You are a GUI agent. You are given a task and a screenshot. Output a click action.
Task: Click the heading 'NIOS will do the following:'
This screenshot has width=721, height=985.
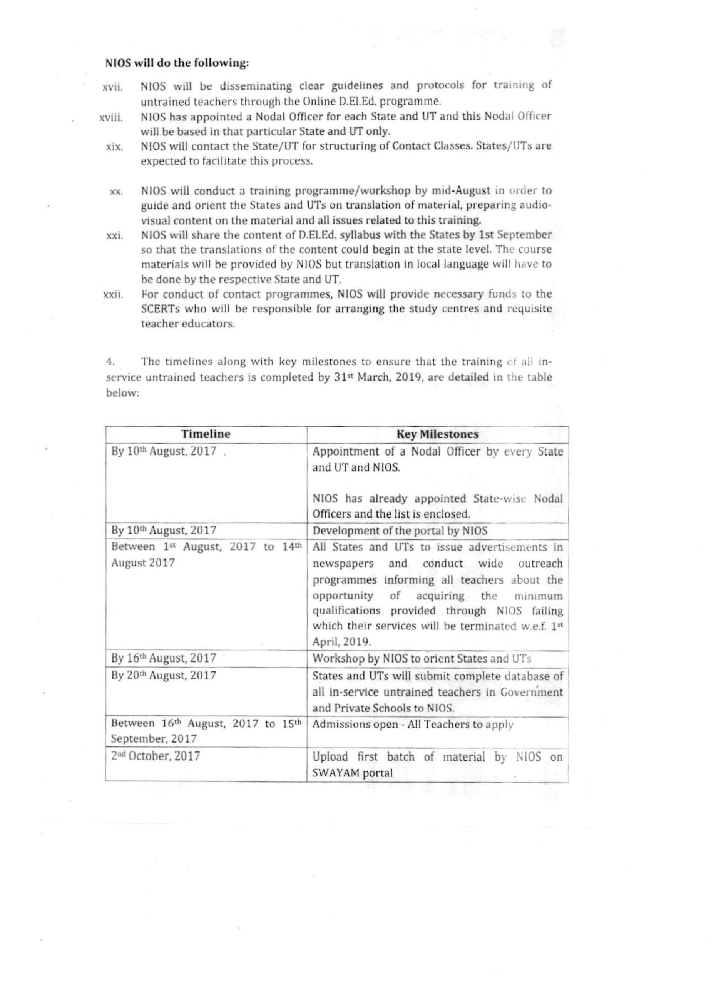[x=177, y=63]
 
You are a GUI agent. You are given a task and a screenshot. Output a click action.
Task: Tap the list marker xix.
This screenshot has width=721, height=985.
[x=114, y=147]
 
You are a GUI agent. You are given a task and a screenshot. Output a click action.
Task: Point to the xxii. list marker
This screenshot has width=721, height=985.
[x=113, y=295]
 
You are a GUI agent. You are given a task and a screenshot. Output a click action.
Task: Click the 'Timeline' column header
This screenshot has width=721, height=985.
[x=206, y=434]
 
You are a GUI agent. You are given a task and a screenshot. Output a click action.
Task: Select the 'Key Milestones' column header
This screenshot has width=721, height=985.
[x=437, y=434]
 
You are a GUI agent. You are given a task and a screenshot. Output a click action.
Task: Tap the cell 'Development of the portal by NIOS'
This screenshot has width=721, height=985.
[x=400, y=531]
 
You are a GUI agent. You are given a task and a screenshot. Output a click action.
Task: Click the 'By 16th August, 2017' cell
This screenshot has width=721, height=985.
[x=164, y=659]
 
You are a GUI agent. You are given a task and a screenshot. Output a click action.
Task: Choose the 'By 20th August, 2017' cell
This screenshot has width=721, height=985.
[x=164, y=676]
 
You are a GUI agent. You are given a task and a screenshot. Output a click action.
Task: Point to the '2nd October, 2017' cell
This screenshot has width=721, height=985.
[x=156, y=756]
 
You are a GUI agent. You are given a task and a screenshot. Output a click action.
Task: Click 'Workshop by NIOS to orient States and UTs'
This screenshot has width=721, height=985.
[x=422, y=659]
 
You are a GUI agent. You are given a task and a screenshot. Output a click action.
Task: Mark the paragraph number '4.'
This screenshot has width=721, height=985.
[x=110, y=362]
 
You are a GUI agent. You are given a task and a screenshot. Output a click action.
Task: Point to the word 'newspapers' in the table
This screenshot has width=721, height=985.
[x=343, y=564]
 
